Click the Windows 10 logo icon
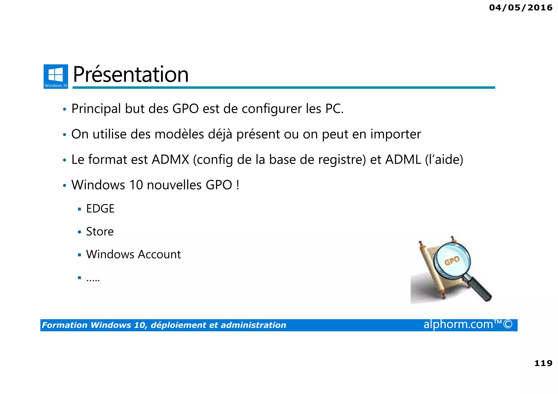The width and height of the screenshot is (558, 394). [x=56, y=76]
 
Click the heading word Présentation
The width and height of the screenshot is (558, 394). [x=131, y=75]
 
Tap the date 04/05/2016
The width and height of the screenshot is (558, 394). [x=521, y=8]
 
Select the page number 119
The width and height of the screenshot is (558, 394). [x=543, y=363]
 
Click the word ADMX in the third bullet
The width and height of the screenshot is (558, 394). [x=170, y=160]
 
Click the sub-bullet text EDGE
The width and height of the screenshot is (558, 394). [x=100, y=209]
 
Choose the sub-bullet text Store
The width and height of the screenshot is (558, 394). [x=100, y=232]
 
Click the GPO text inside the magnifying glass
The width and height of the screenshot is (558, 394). [x=452, y=261]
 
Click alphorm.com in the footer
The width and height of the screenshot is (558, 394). [x=458, y=324]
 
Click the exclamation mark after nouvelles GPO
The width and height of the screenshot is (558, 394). [x=238, y=185]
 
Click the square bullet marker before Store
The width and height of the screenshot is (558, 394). [x=79, y=232]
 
